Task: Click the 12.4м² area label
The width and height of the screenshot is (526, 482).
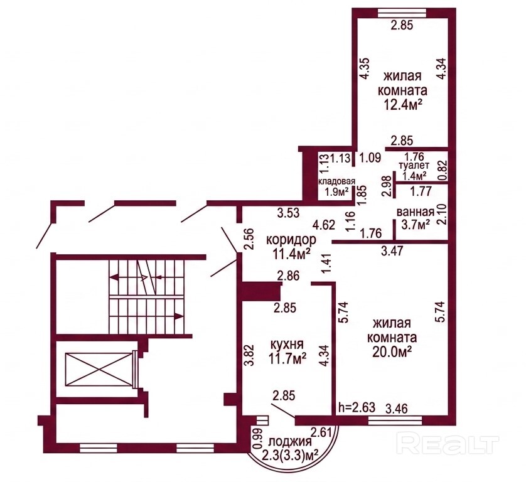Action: [x=402, y=105]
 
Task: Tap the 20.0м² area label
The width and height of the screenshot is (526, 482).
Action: [x=392, y=351]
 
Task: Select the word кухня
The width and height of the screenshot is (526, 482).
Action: [x=287, y=344]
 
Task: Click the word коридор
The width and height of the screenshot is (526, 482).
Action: [x=291, y=240]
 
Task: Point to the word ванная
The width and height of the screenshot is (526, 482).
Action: [x=416, y=212]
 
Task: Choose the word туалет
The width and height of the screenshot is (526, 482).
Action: [x=414, y=166]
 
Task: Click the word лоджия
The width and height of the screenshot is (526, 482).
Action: [x=290, y=441]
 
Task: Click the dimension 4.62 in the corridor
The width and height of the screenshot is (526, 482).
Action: [x=324, y=225]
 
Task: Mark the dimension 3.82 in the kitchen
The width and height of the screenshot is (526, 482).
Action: [x=249, y=356]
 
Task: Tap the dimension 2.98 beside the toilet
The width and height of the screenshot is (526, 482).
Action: [x=387, y=186]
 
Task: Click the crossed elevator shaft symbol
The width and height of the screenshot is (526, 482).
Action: [x=98, y=370]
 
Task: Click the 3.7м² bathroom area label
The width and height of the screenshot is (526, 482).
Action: [x=416, y=224]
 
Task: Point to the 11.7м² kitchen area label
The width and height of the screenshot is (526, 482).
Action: [x=287, y=358]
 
